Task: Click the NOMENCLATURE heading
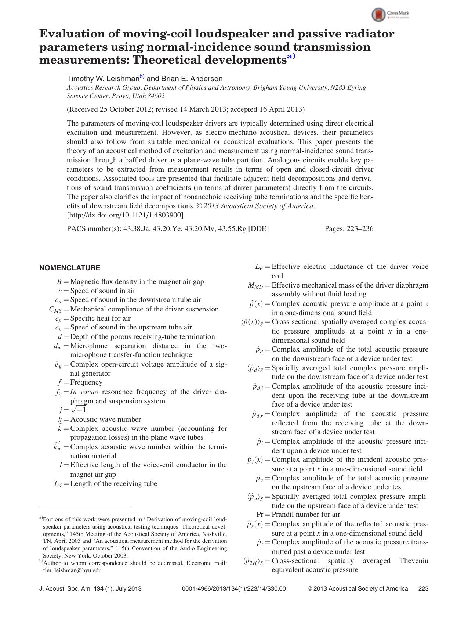(70, 268)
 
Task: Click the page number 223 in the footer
(423, 589)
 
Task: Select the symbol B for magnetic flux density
(59, 282)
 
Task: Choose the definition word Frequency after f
(86, 382)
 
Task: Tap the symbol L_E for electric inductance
(259, 267)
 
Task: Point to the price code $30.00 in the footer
(277, 589)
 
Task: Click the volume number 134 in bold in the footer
(99, 589)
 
